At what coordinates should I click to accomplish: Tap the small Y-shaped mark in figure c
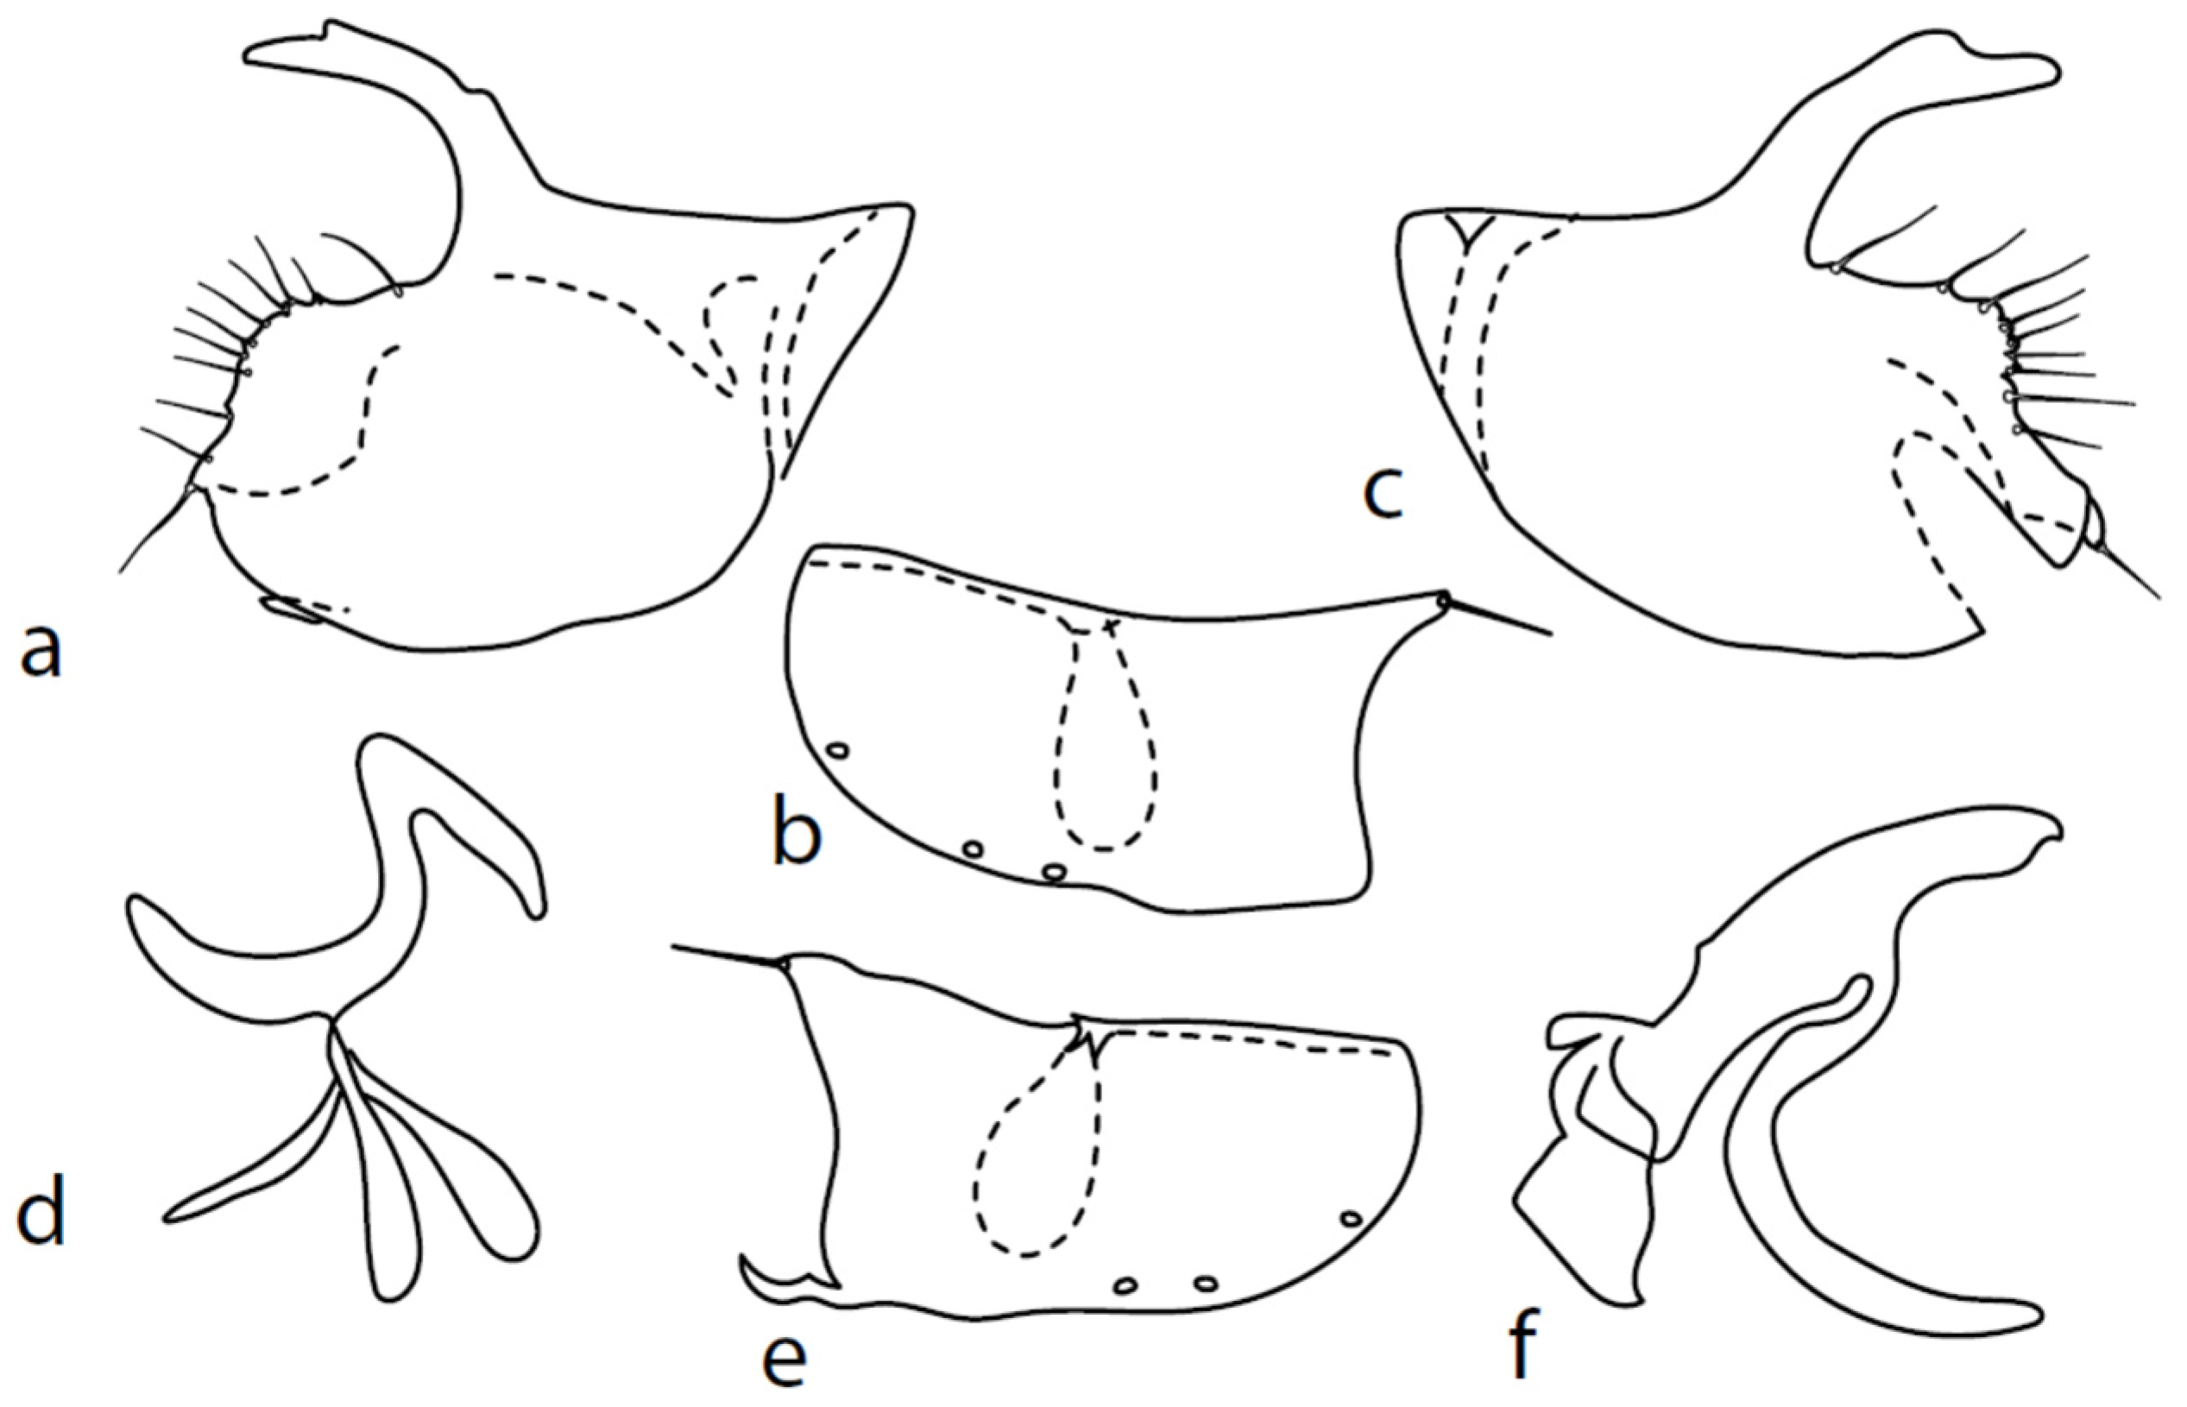[x=1469, y=231]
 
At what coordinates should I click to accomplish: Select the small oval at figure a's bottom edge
[x=291, y=610]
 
